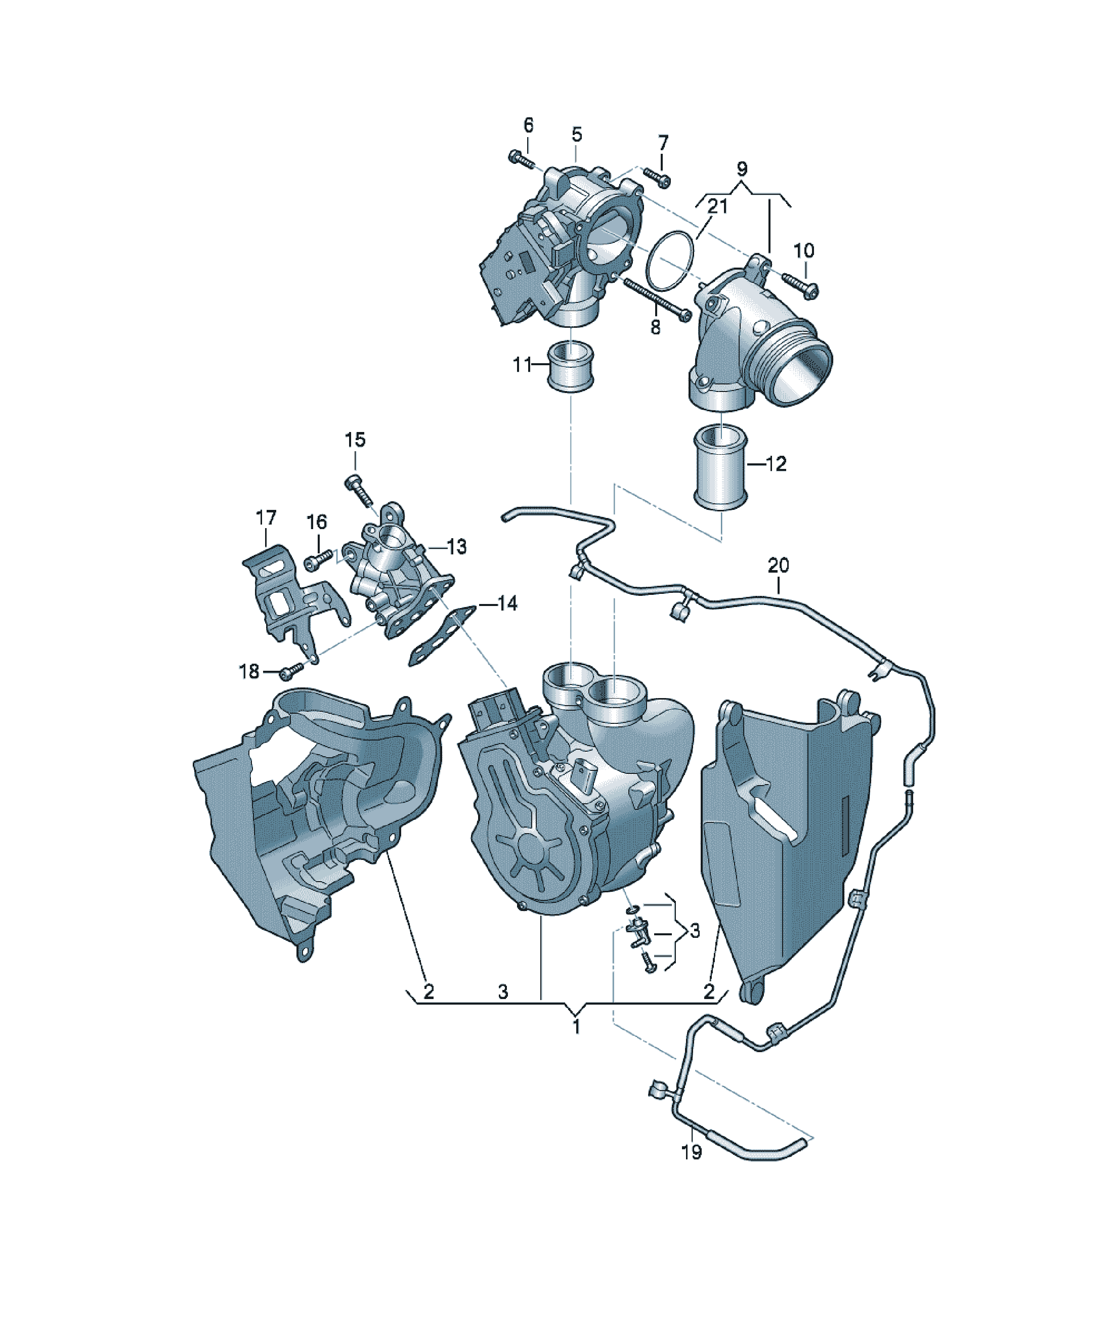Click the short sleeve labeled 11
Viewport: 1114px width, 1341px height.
(x=571, y=367)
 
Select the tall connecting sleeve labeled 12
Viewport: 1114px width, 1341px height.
(x=720, y=468)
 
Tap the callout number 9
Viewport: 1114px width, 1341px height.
(x=742, y=169)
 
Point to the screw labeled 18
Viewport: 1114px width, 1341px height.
(x=291, y=670)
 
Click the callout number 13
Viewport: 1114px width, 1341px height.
(x=457, y=547)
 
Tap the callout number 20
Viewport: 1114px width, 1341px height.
(x=778, y=565)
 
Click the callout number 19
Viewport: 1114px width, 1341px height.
(x=692, y=1153)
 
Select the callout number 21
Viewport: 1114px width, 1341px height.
(x=718, y=206)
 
